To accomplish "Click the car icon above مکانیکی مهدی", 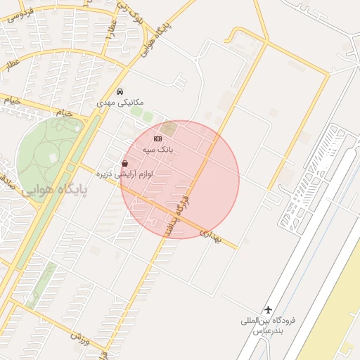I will tap(120, 92).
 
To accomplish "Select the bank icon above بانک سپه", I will tap(157, 139).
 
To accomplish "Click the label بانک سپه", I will tap(157, 150).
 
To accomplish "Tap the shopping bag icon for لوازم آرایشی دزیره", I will tap(124, 163).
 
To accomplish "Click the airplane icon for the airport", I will tap(268, 309).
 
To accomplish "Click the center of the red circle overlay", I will tap(180, 179).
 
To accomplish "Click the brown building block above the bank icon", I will tap(171, 129).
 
